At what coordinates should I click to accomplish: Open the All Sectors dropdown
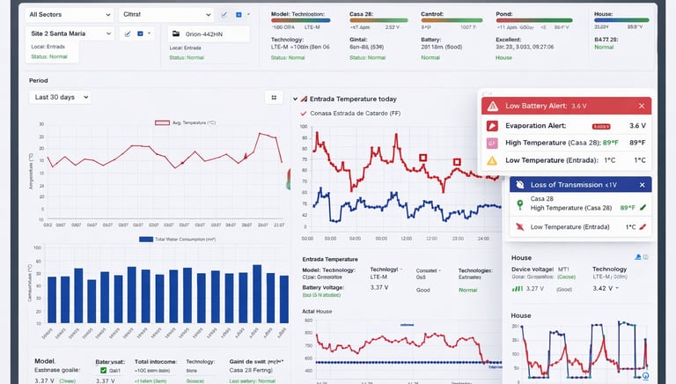[69, 15]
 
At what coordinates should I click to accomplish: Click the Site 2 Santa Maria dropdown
[69, 33]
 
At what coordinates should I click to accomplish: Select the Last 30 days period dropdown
[59, 97]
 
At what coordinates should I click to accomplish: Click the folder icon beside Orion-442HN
[173, 33]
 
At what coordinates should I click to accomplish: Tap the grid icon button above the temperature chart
[274, 97]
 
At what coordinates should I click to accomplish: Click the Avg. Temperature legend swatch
[161, 122]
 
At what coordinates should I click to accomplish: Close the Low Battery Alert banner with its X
[642, 106]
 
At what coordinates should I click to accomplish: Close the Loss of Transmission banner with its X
[642, 184]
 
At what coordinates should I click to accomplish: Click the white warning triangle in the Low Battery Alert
[492, 106]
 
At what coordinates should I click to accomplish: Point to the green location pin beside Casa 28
[519, 204]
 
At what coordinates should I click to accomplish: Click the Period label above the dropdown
[38, 80]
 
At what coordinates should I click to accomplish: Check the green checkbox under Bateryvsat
[103, 371]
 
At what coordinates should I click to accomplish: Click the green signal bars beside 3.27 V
[517, 288]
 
